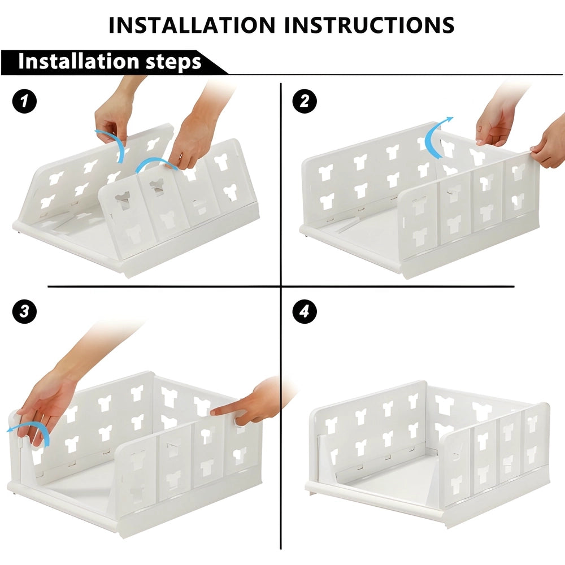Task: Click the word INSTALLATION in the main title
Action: pos(193,25)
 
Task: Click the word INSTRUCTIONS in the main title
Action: pos(370,25)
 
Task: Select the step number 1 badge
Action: pos(24,102)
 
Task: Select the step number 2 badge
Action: pos(305,102)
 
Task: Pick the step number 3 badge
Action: pos(24,312)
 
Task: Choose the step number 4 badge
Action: pos(305,312)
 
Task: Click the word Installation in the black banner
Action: pos(76,62)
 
